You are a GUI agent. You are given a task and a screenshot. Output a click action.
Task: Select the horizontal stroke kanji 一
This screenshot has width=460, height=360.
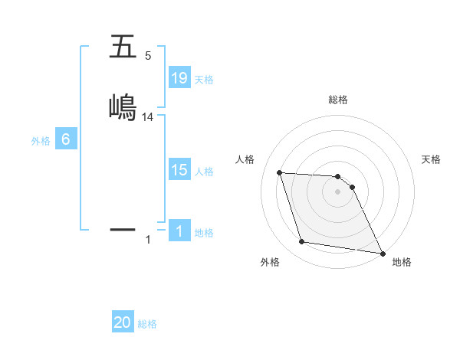(x=123, y=229)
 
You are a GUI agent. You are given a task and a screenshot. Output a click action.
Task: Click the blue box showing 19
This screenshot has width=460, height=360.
(x=179, y=78)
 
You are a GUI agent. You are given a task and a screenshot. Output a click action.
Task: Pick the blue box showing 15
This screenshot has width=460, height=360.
(x=179, y=170)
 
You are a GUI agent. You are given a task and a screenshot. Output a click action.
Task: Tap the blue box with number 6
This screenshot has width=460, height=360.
(x=66, y=139)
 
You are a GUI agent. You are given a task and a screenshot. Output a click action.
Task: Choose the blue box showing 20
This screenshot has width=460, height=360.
(x=123, y=322)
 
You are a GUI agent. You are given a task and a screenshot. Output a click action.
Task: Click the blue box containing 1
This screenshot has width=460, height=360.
(x=179, y=231)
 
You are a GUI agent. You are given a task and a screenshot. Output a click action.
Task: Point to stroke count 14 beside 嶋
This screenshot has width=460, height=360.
(x=148, y=116)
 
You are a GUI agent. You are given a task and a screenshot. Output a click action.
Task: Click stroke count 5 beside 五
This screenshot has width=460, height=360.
(x=148, y=56)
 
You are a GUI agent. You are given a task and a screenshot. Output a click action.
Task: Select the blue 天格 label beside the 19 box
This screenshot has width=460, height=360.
(x=204, y=79)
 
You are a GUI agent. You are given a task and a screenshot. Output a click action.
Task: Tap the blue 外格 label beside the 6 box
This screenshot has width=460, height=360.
(x=41, y=140)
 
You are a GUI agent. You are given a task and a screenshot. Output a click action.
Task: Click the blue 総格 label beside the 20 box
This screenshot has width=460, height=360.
(x=147, y=323)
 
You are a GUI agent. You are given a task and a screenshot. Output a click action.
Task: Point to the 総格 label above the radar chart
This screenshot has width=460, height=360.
(x=338, y=100)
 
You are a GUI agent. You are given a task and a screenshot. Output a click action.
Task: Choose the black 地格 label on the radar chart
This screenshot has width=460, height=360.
(x=402, y=262)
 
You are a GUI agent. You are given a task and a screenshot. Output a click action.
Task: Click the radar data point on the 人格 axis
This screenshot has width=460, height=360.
(x=280, y=172)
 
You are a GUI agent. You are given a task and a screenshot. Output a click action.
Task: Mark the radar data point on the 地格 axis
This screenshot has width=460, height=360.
(x=382, y=253)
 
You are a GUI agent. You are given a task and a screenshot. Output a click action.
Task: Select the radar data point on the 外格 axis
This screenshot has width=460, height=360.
(x=302, y=242)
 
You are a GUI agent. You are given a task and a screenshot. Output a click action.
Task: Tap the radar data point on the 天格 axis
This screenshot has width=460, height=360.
(x=352, y=186)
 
